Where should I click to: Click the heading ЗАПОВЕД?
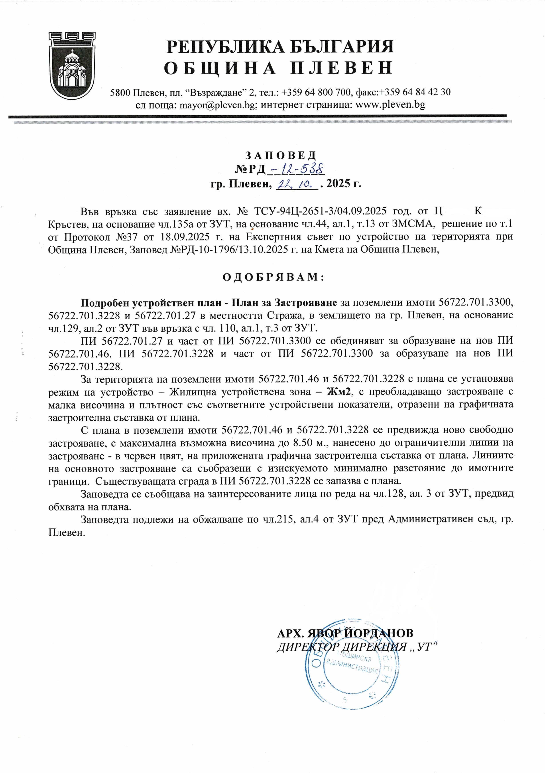pyautogui.click(x=280, y=155)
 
